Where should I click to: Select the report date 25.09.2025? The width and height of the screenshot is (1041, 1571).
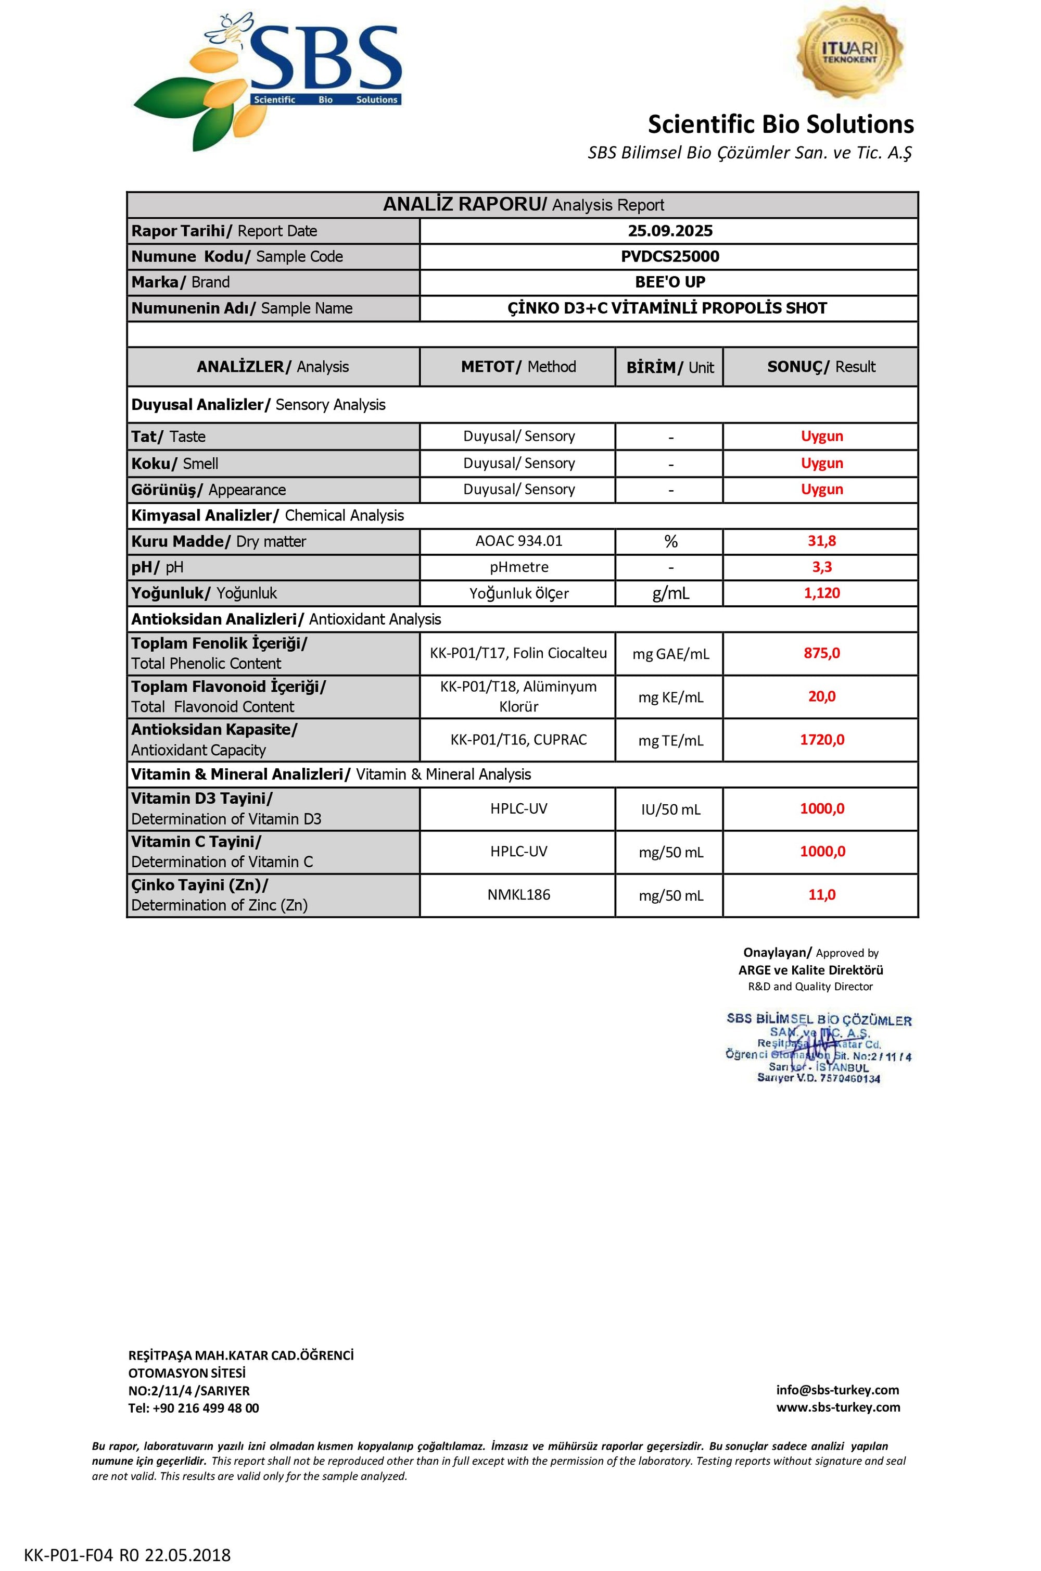(x=670, y=231)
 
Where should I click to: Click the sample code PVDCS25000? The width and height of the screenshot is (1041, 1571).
(x=670, y=256)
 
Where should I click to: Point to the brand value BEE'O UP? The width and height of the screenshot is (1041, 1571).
(x=670, y=282)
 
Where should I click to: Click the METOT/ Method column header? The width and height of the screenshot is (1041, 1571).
(x=518, y=367)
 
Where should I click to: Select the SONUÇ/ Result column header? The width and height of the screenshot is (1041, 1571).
(x=821, y=367)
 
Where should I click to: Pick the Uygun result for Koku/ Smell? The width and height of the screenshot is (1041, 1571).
(x=821, y=463)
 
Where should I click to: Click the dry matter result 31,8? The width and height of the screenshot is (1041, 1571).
(x=821, y=541)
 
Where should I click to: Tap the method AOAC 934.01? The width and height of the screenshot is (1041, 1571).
(x=518, y=541)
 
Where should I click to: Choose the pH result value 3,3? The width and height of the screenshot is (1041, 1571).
(x=821, y=567)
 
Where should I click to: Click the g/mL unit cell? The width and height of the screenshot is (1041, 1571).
(x=670, y=593)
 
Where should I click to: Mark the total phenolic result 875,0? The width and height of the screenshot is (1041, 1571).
(x=821, y=653)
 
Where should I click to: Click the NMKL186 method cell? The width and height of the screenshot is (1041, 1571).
(x=518, y=895)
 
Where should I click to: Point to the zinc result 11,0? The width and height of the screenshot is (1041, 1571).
(x=821, y=895)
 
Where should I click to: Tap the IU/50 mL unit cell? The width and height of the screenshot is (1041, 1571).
(x=670, y=809)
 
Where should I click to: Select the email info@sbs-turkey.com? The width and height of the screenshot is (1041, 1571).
(x=837, y=1390)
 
